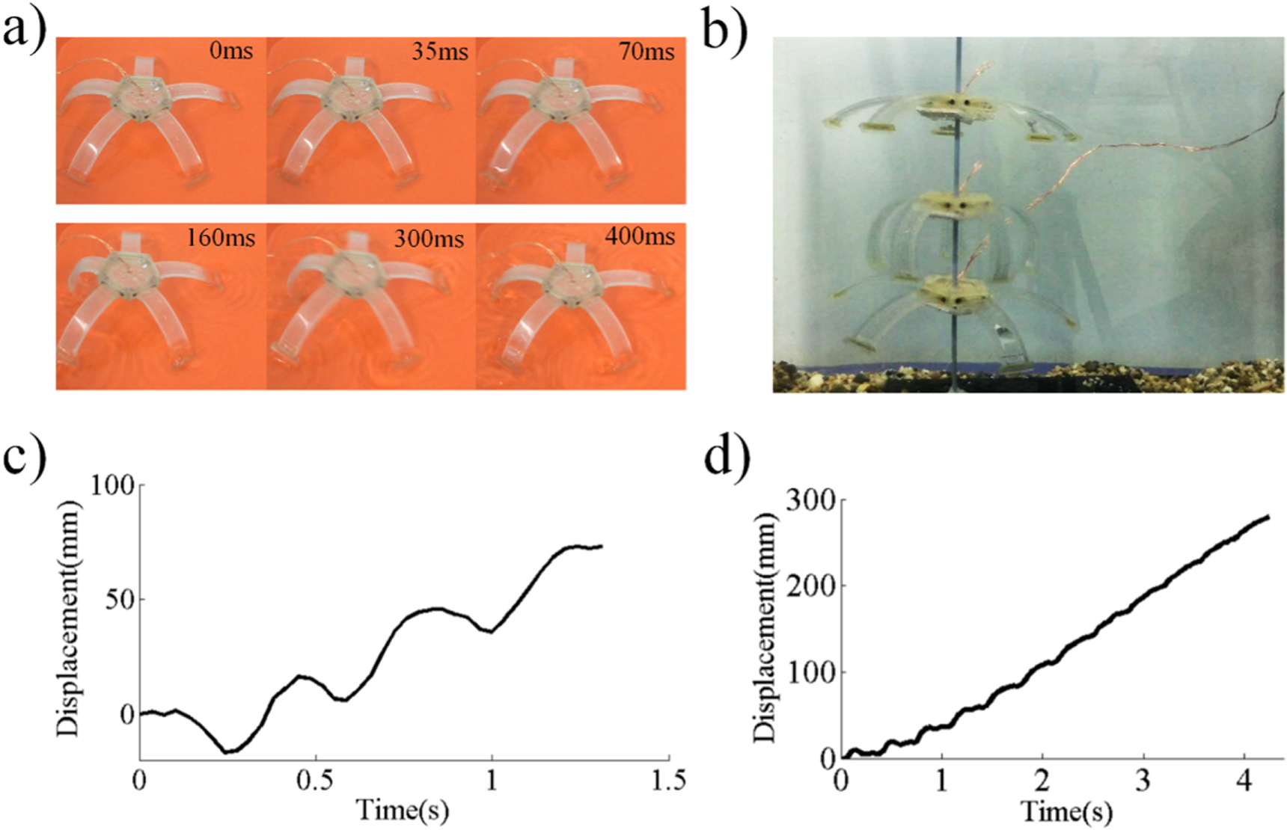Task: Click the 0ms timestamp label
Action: pyautogui.click(x=231, y=51)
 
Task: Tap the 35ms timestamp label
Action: pyautogui.click(x=440, y=51)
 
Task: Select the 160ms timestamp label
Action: pyautogui.click(x=220, y=238)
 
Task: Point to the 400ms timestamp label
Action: pyautogui.click(x=640, y=236)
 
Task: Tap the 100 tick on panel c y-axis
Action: pyautogui.click(x=112, y=486)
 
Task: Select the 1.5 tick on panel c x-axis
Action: pyautogui.click(x=667, y=781)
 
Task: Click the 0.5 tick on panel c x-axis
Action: pyautogui.click(x=315, y=781)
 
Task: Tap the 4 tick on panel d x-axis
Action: pyautogui.click(x=1243, y=781)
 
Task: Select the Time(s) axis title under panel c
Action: pyautogui.click(x=403, y=810)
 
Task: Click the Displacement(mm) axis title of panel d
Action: pyautogui.click(x=765, y=628)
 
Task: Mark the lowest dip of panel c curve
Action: pyautogui.click(x=230, y=751)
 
